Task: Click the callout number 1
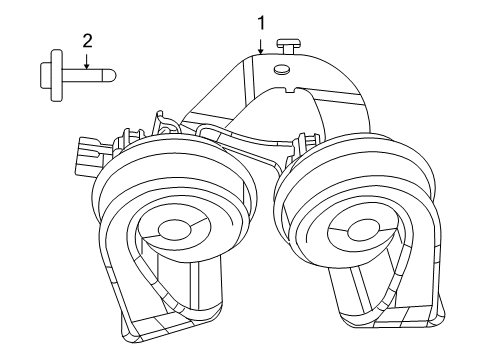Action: (x=261, y=21)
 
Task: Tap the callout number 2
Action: (x=86, y=41)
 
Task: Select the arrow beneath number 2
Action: (x=86, y=60)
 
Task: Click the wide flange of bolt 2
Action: (x=50, y=73)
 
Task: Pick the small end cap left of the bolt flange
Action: (x=41, y=73)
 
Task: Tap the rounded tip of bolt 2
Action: (x=113, y=73)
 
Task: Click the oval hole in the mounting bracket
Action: (x=281, y=69)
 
